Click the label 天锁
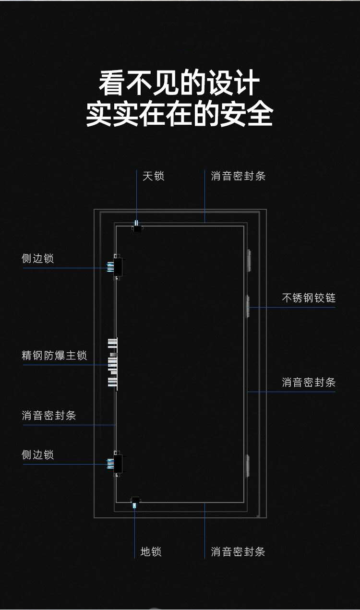(x=153, y=176)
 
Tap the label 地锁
(x=151, y=551)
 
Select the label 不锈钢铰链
(x=309, y=298)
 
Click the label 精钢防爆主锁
(x=54, y=356)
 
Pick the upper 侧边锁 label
(x=38, y=259)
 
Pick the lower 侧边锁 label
(x=38, y=455)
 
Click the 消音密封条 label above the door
(x=238, y=176)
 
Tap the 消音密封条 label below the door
(x=238, y=551)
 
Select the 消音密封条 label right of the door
(x=309, y=383)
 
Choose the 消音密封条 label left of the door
(x=49, y=416)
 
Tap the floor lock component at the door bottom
(x=135, y=502)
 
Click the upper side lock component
(x=116, y=267)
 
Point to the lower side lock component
(x=116, y=463)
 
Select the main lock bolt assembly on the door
(x=113, y=363)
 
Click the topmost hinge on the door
(x=249, y=260)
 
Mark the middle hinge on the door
(x=248, y=307)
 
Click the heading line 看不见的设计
(x=180, y=84)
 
